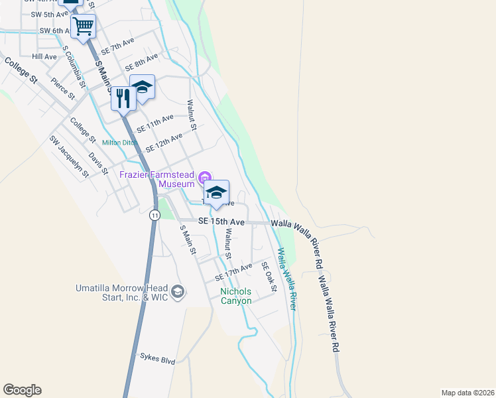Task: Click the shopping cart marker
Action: [x=83, y=27]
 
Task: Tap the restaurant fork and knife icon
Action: [x=123, y=99]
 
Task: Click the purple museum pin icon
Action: [x=205, y=176]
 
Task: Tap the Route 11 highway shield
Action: [x=155, y=215]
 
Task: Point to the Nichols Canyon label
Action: [x=236, y=296]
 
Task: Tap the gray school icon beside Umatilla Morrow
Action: [x=178, y=291]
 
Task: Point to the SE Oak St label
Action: [x=268, y=275]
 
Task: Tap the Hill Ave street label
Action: [x=44, y=57]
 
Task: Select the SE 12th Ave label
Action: [x=164, y=142]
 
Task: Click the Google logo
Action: [x=22, y=390]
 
